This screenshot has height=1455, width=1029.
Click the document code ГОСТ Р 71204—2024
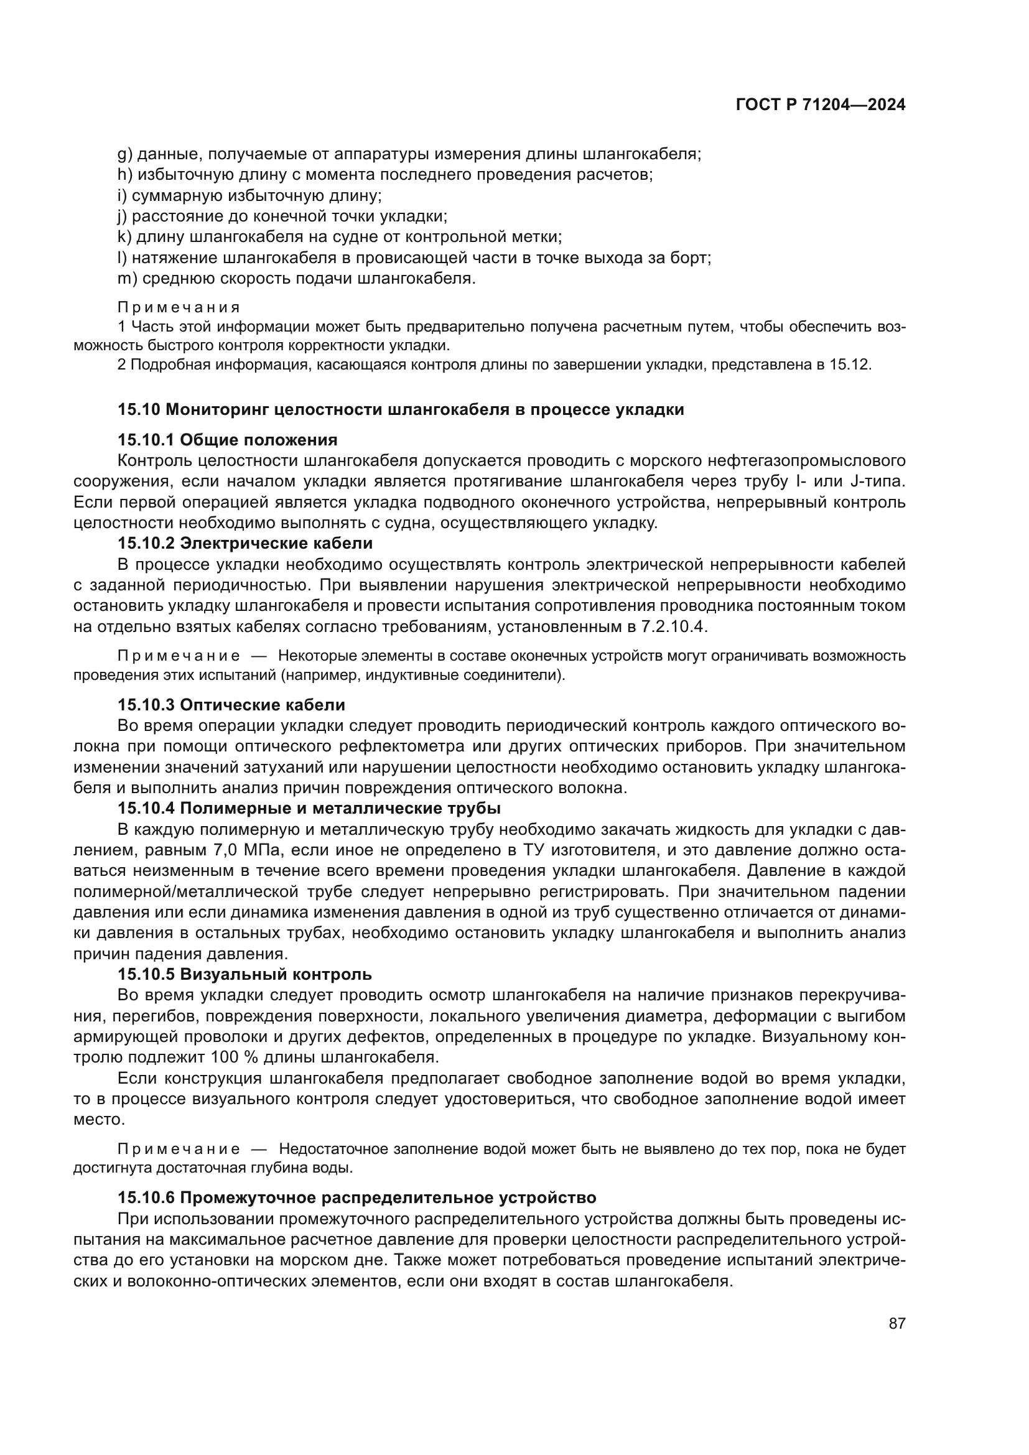(820, 105)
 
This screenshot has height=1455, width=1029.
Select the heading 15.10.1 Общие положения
(227, 440)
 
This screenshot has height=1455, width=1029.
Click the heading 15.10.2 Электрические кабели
(244, 543)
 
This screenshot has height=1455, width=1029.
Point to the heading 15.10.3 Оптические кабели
(231, 705)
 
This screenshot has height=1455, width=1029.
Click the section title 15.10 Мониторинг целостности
(401, 409)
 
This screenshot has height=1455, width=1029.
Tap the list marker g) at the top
(124, 154)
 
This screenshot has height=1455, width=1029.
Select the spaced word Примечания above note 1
(179, 307)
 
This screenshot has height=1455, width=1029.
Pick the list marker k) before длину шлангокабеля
(124, 237)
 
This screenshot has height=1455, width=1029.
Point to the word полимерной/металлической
(185, 891)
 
